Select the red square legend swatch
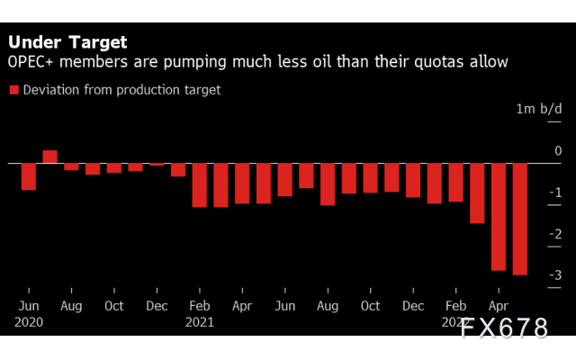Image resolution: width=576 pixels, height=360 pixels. [x=14, y=89]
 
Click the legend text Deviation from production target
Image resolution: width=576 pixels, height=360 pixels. [x=121, y=89]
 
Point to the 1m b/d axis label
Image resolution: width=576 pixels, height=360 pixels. [x=538, y=109]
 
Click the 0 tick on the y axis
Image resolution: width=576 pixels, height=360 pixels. [x=558, y=151]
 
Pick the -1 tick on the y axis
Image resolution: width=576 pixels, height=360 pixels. [x=556, y=193]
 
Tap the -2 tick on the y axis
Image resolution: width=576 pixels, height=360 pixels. [x=556, y=234]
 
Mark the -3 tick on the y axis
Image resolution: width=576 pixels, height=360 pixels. [x=556, y=275]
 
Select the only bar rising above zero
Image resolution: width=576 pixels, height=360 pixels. [x=50, y=157]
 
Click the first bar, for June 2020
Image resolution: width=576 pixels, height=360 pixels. [x=29, y=176]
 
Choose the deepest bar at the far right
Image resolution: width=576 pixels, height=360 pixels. [x=520, y=219]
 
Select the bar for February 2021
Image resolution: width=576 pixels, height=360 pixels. [x=200, y=184]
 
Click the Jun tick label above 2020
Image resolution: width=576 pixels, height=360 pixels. [x=29, y=305]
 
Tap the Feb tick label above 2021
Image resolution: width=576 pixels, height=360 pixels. [x=199, y=305]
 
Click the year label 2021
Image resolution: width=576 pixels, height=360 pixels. [x=201, y=320]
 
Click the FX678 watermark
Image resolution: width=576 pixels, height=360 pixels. [x=504, y=328]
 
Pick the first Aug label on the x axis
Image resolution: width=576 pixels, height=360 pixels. [x=71, y=305]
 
